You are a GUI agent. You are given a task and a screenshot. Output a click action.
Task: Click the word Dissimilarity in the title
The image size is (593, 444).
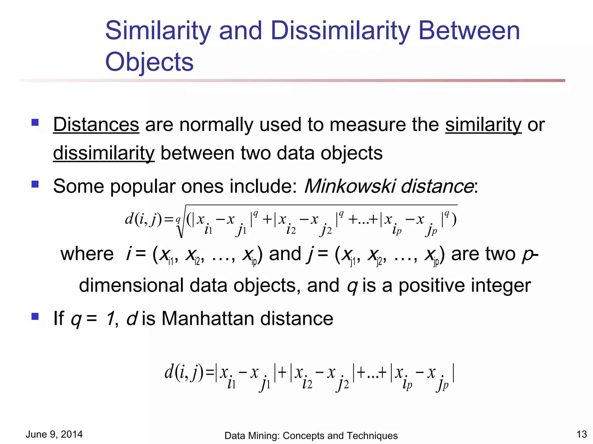coord(341,31)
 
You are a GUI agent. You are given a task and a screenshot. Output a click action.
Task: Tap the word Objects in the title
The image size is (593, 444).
coord(149,62)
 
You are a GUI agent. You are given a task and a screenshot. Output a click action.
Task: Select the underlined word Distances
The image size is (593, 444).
coord(96,125)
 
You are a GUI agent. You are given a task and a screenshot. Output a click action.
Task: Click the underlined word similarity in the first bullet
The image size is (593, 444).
coord(483,125)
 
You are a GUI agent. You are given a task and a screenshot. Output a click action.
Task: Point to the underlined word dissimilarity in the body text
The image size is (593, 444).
coord(104,153)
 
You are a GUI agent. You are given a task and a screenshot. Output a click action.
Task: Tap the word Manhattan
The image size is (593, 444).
coord(208,319)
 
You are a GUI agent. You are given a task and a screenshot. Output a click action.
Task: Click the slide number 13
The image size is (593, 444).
coord(581,434)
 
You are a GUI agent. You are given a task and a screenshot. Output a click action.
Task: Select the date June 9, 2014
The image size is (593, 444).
coord(54,434)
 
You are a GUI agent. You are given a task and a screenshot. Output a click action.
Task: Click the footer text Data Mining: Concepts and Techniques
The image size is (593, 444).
coord(311,436)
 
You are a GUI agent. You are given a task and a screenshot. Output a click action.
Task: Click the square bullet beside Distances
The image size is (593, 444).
coord(35,123)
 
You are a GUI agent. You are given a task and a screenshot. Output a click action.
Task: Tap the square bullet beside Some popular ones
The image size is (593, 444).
coord(35,184)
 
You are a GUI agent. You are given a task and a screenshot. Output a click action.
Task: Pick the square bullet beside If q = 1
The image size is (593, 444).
coord(35,317)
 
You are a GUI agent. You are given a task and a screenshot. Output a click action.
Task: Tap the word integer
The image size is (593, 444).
coord(501,286)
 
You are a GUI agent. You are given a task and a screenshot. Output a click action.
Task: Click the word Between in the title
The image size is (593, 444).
coord(469,31)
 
